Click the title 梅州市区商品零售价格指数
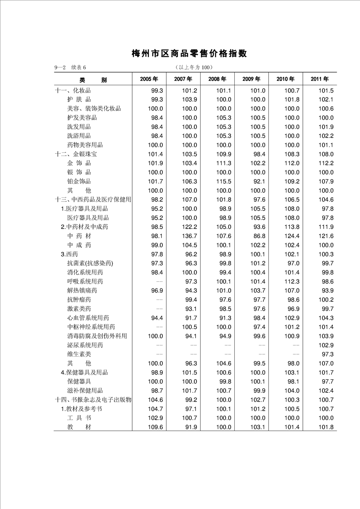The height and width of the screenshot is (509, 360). [x=189, y=54]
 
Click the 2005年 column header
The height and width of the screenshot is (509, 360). [x=149, y=79]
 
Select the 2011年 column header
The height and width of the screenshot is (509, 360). [x=320, y=79]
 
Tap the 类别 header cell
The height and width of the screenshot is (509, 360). [x=93, y=79]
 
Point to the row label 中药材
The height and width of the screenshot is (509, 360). [x=79, y=236]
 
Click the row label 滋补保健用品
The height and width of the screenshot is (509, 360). [x=85, y=390]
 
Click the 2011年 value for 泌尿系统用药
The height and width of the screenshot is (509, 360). [x=325, y=345]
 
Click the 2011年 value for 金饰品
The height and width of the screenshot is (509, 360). [x=325, y=163]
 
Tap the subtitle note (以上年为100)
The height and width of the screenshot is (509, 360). [x=193, y=68]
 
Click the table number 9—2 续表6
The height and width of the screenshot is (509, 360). [x=70, y=68]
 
